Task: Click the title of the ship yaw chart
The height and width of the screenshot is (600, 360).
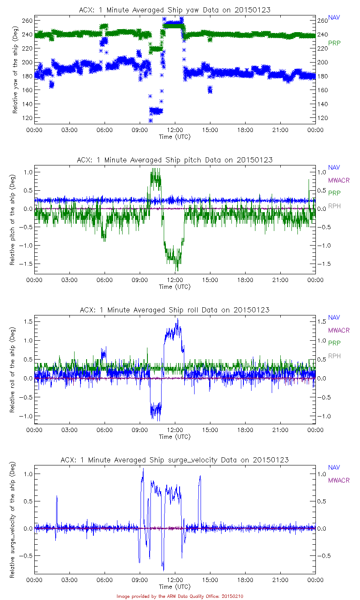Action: [175, 10]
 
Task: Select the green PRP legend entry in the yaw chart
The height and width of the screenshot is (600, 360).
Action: [334, 43]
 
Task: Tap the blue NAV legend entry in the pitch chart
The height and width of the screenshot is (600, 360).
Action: [334, 168]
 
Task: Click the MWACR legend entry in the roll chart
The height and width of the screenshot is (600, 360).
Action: [339, 330]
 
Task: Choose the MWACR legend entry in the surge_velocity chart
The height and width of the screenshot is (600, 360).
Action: [339, 480]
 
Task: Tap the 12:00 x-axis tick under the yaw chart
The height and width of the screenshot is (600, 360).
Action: [175, 130]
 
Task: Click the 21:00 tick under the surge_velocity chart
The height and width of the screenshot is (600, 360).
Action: [280, 580]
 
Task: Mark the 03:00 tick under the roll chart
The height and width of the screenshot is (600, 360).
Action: [69, 430]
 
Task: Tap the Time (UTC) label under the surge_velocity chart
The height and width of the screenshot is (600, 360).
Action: [175, 587]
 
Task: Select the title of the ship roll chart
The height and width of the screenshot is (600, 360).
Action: [175, 310]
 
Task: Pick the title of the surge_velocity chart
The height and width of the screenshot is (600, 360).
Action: [175, 460]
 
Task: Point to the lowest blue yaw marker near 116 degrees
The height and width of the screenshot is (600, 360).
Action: [150, 120]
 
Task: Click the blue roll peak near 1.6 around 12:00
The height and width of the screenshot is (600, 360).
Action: [177, 319]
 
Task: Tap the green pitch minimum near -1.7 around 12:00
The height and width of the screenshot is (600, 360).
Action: [177, 270]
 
